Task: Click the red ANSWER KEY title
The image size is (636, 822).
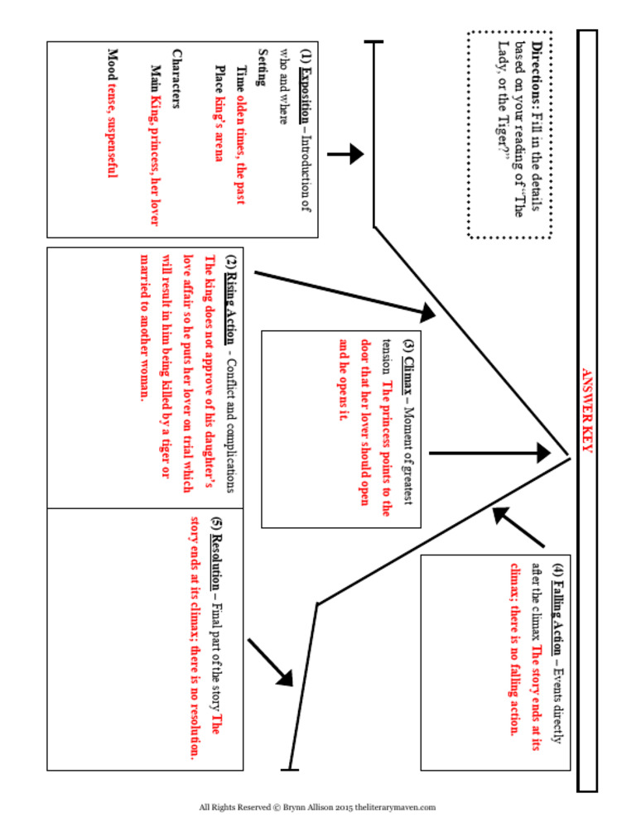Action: [586, 411]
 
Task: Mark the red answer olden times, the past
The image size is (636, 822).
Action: [241, 145]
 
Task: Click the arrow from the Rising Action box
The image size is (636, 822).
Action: [348, 293]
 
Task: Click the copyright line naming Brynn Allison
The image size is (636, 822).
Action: [318, 806]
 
